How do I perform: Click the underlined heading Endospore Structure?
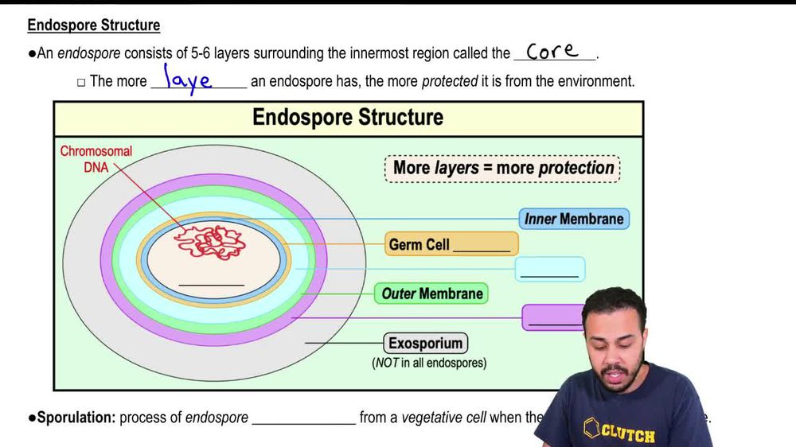coord(93,25)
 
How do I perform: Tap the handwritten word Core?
coord(552,52)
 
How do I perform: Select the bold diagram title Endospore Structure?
coord(348,118)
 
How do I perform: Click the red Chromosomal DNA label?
coord(96,158)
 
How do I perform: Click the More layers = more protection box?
coord(503,169)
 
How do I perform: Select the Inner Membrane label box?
coord(573,219)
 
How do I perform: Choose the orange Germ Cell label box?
coord(451,244)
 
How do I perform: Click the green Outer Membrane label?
coord(431,293)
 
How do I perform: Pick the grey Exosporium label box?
coord(426,344)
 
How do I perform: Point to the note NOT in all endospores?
coord(429,363)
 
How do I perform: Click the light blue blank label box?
coord(549,270)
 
